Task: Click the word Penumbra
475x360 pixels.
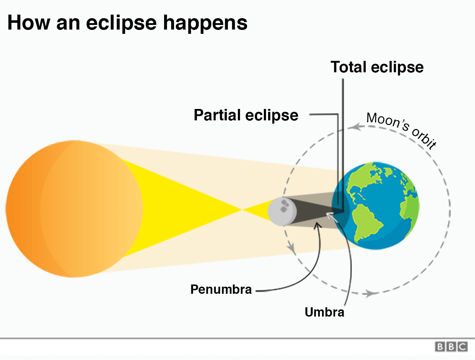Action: (221, 289)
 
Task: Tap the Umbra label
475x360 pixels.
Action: (324, 312)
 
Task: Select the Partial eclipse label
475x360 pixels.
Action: (246, 115)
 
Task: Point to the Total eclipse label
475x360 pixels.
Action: (377, 67)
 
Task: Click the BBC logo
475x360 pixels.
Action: (451, 347)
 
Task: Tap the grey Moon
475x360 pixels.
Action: (281, 212)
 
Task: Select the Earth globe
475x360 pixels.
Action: (376, 206)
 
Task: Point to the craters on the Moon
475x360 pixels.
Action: (284, 206)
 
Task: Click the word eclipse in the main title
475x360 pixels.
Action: (121, 23)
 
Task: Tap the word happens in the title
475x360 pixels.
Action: (205, 23)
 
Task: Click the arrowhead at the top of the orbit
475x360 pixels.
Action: (354, 127)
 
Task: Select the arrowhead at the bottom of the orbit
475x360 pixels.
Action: (370, 293)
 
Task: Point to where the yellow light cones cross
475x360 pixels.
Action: (242, 210)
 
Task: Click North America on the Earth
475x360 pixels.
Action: (360, 182)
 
